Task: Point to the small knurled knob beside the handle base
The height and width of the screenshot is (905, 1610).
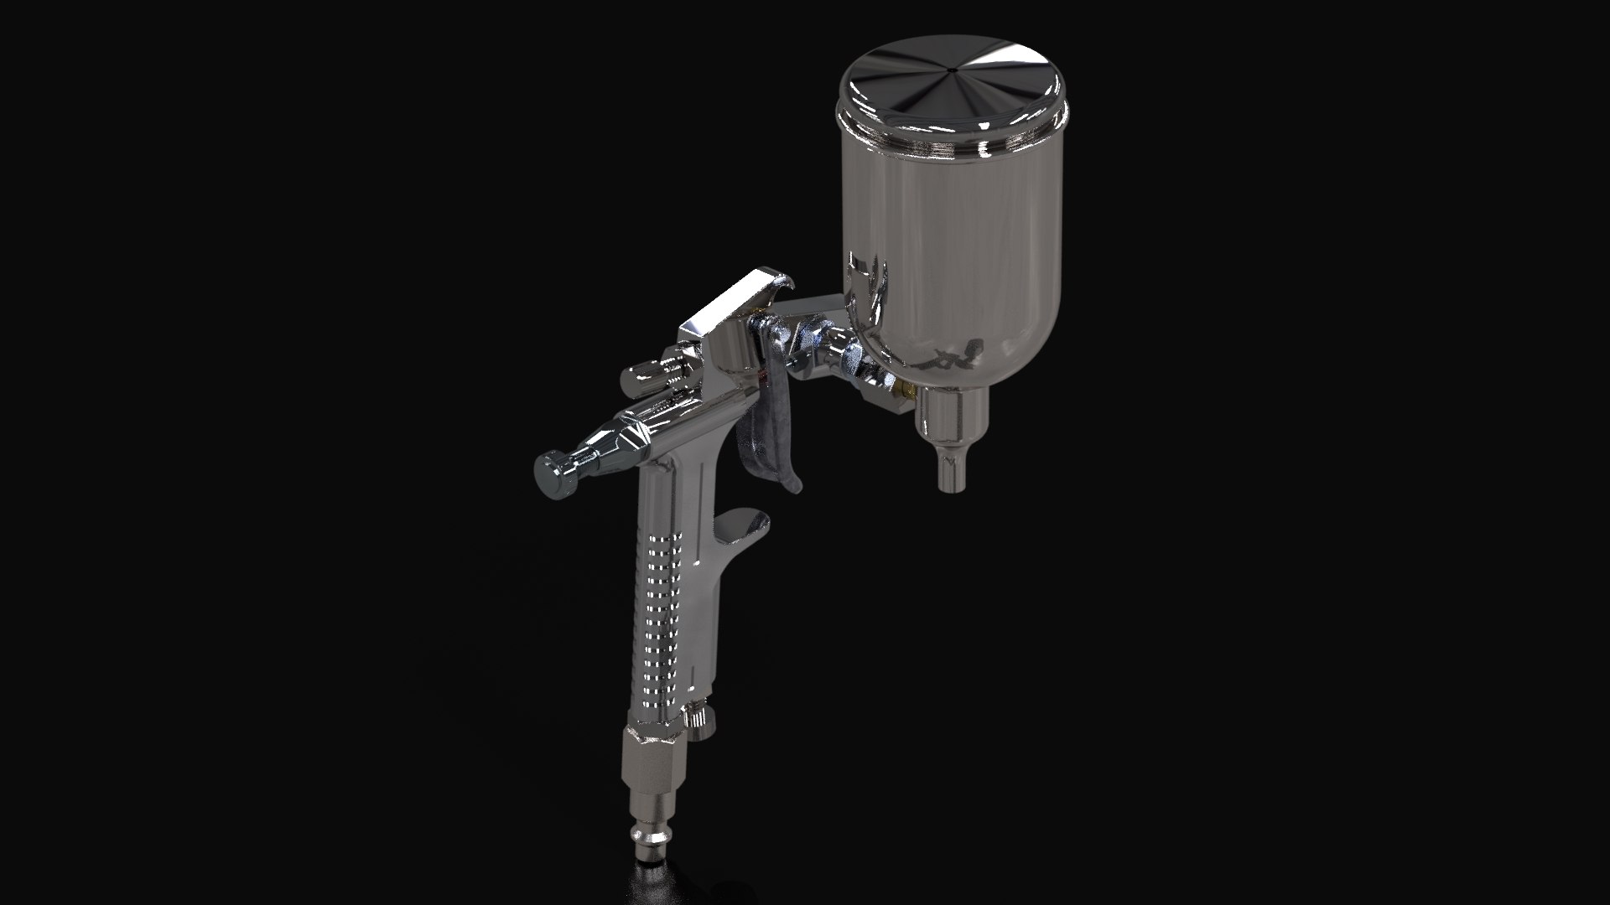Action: click(x=699, y=717)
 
